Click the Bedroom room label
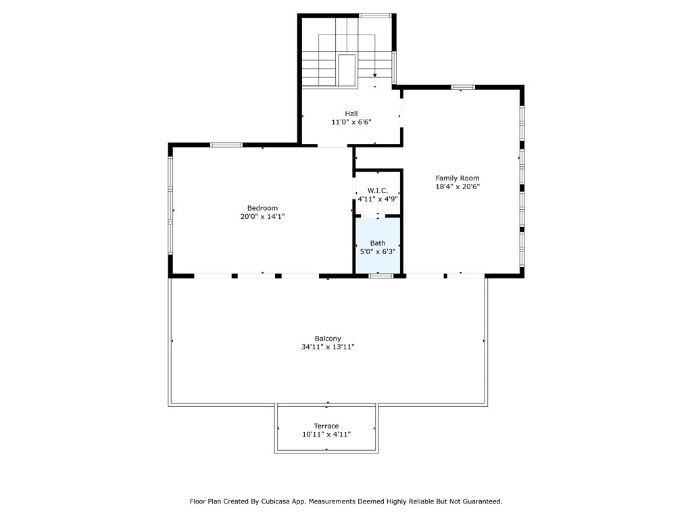pos(262,208)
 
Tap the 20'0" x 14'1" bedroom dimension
pos(262,216)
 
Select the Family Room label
pos(458,178)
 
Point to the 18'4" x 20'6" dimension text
pos(458,187)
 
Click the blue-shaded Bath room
pos(378,245)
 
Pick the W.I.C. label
pos(377,191)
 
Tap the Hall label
pos(351,114)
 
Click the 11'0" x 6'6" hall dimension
pos(351,122)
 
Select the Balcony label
pos(328,339)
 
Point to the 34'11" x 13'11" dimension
pos(328,347)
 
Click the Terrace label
pos(326,426)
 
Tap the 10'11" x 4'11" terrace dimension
pos(326,435)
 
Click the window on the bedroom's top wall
pos(226,145)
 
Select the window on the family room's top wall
pos(463,87)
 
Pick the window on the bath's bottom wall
pos(381,276)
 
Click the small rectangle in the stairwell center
pos(347,70)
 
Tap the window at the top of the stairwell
pos(374,16)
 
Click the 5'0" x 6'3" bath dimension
pos(378,251)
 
